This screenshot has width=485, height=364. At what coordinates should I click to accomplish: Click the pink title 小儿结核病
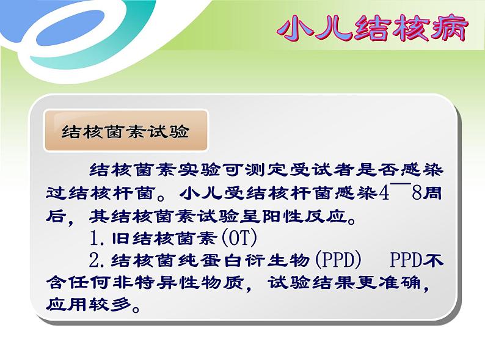pyautogui.click(x=373, y=29)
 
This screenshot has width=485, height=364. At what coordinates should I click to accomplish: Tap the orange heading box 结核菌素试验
pyautogui.click(x=126, y=131)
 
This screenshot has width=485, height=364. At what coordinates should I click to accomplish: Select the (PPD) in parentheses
pyautogui.click(x=337, y=260)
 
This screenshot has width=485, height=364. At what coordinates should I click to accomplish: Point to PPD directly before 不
pyautogui.click(x=406, y=260)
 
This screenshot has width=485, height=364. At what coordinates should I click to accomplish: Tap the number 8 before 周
pyautogui.click(x=417, y=194)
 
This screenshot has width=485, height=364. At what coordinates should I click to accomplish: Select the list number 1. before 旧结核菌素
pyautogui.click(x=97, y=238)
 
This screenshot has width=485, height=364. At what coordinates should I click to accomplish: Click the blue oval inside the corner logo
pyautogui.click(x=70, y=27)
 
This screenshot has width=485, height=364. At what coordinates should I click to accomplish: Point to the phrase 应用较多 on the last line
pyautogui.click(x=89, y=304)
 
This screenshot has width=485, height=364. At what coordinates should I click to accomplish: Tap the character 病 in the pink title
pyautogui.click(x=450, y=29)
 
